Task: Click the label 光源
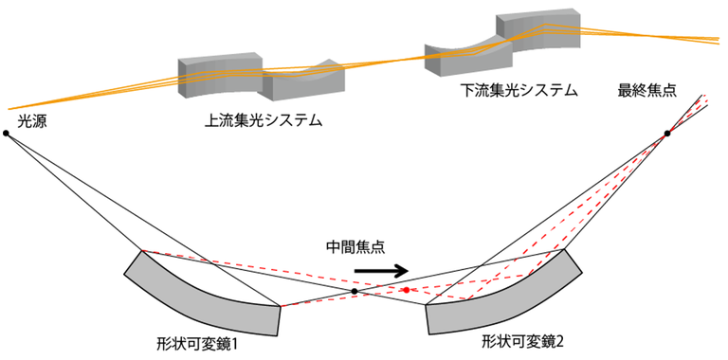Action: pyautogui.click(x=32, y=120)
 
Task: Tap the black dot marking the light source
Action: pyautogui.click(x=7, y=134)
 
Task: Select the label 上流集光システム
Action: pyautogui.click(x=263, y=120)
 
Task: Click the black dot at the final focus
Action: pyautogui.click(x=667, y=134)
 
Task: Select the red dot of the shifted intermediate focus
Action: pyautogui.click(x=406, y=290)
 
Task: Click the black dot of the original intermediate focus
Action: pyautogui.click(x=355, y=291)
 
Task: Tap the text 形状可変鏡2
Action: pyautogui.click(x=519, y=339)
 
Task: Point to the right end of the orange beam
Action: pyautogui.click(x=718, y=39)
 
